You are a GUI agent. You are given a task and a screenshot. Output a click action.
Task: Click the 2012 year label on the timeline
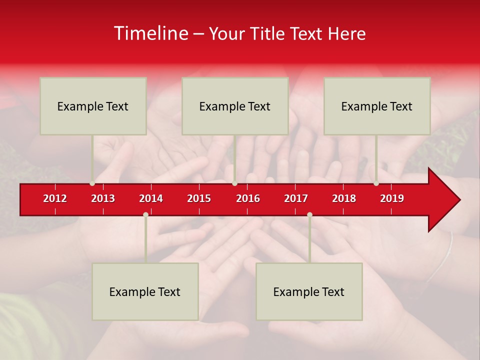(x=55, y=198)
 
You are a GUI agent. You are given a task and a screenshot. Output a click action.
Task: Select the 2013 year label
(x=103, y=198)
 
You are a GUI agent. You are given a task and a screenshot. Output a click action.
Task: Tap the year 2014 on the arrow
(x=151, y=198)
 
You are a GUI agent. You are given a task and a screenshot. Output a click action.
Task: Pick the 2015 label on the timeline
(x=199, y=198)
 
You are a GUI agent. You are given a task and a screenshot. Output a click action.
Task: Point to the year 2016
(x=248, y=198)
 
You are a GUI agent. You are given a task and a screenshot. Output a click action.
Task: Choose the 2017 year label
(x=296, y=198)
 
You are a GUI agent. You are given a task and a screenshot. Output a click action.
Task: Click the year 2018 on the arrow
(x=344, y=198)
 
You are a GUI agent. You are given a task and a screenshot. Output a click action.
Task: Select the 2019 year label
(x=392, y=198)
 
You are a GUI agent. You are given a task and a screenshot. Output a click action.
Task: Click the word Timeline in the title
(x=150, y=33)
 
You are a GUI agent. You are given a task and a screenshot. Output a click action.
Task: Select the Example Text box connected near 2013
(x=93, y=106)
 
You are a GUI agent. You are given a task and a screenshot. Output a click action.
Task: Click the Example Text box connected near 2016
(x=235, y=106)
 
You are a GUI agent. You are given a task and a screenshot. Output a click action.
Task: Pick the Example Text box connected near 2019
(x=377, y=106)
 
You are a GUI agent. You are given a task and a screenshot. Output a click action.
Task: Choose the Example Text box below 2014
(x=145, y=291)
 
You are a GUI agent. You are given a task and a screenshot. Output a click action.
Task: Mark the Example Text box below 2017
(x=309, y=291)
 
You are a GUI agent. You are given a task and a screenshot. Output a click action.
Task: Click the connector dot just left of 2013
(x=92, y=183)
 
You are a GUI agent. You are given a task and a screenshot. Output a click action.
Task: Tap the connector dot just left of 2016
(x=234, y=183)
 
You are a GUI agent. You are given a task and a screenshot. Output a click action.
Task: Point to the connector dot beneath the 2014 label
(x=145, y=214)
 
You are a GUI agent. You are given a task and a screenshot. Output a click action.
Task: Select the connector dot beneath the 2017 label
(x=309, y=214)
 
